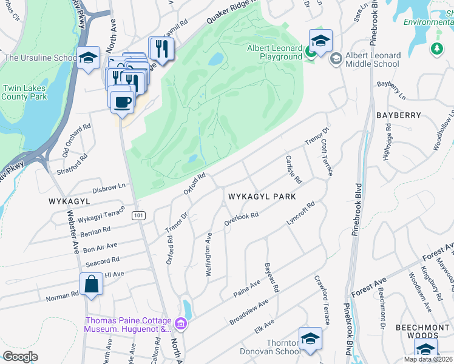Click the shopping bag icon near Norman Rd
90,285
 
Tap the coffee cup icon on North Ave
122,101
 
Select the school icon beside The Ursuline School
89,58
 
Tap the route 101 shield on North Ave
139,215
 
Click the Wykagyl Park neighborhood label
262,197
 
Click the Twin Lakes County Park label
25,92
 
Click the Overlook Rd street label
242,219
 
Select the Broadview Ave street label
248,312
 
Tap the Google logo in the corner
20,357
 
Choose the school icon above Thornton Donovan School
310,339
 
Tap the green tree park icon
436,48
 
